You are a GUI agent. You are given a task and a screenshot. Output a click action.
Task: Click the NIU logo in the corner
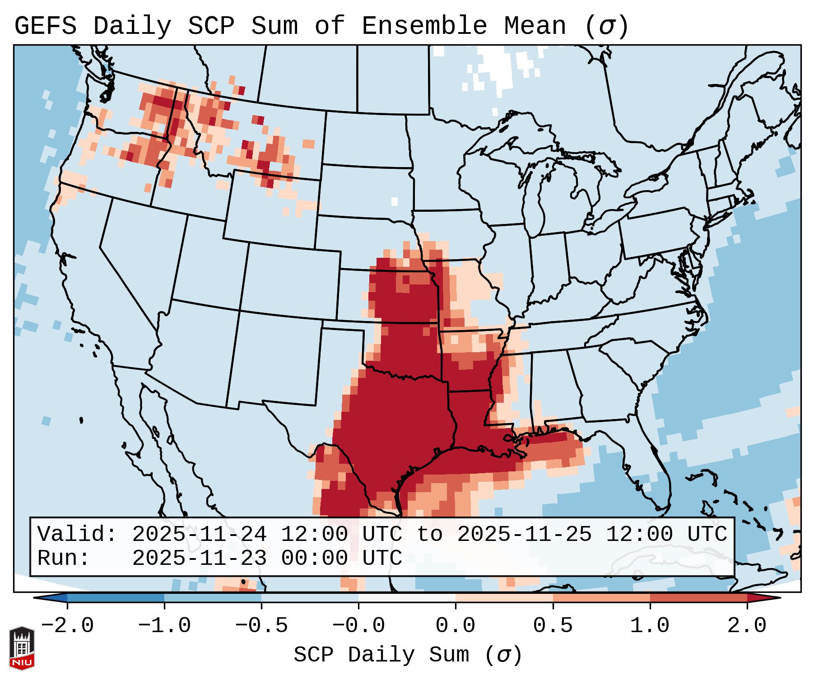[x=22, y=647]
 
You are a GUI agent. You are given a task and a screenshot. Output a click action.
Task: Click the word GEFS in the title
[x=45, y=26]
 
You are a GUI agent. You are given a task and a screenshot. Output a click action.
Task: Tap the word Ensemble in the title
[x=424, y=26]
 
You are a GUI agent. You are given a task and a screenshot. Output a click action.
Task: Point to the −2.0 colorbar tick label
[x=67, y=626]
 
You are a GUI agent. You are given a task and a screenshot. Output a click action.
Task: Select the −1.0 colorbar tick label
[x=164, y=626]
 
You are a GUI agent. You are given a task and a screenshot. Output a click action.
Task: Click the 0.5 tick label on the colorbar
[x=553, y=626]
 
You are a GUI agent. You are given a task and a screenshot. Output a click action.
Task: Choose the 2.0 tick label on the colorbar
[x=747, y=626]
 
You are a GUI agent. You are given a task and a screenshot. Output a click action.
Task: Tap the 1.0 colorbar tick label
[x=650, y=626]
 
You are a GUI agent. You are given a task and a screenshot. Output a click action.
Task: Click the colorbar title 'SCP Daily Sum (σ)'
[x=408, y=655]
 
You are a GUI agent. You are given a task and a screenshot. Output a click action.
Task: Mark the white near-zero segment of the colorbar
[x=407, y=598]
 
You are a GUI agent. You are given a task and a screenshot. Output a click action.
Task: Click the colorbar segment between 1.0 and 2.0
[x=698, y=598]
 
